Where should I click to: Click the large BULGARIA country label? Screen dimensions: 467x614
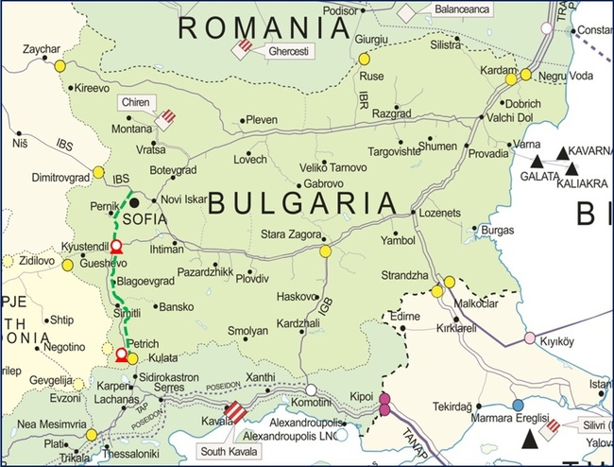(x=301, y=201)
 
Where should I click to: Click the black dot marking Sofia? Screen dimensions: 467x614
(x=135, y=201)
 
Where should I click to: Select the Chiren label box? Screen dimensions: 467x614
(x=135, y=101)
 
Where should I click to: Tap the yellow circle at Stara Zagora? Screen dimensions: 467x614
(x=326, y=251)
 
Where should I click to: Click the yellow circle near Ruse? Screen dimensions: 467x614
(x=364, y=59)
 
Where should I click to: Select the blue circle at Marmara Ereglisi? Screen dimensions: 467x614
(x=518, y=406)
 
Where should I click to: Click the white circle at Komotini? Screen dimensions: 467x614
(x=311, y=389)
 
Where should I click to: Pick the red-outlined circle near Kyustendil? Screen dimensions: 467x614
(x=116, y=247)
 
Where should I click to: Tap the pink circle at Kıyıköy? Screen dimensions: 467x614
(x=530, y=337)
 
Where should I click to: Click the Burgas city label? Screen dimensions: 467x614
(x=497, y=229)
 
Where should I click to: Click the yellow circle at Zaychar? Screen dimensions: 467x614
(x=60, y=66)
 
